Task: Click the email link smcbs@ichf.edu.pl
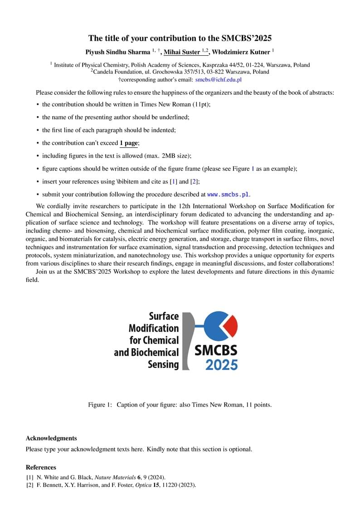(218, 79)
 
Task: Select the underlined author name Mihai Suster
(181, 52)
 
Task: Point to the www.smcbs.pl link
(228, 194)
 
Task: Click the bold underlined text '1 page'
(129, 143)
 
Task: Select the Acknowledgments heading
(51, 438)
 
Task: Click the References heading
(41, 467)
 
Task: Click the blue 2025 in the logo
(221, 364)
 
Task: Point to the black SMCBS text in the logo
(216, 350)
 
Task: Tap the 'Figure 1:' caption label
(100, 405)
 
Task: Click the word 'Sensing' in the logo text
(163, 364)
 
